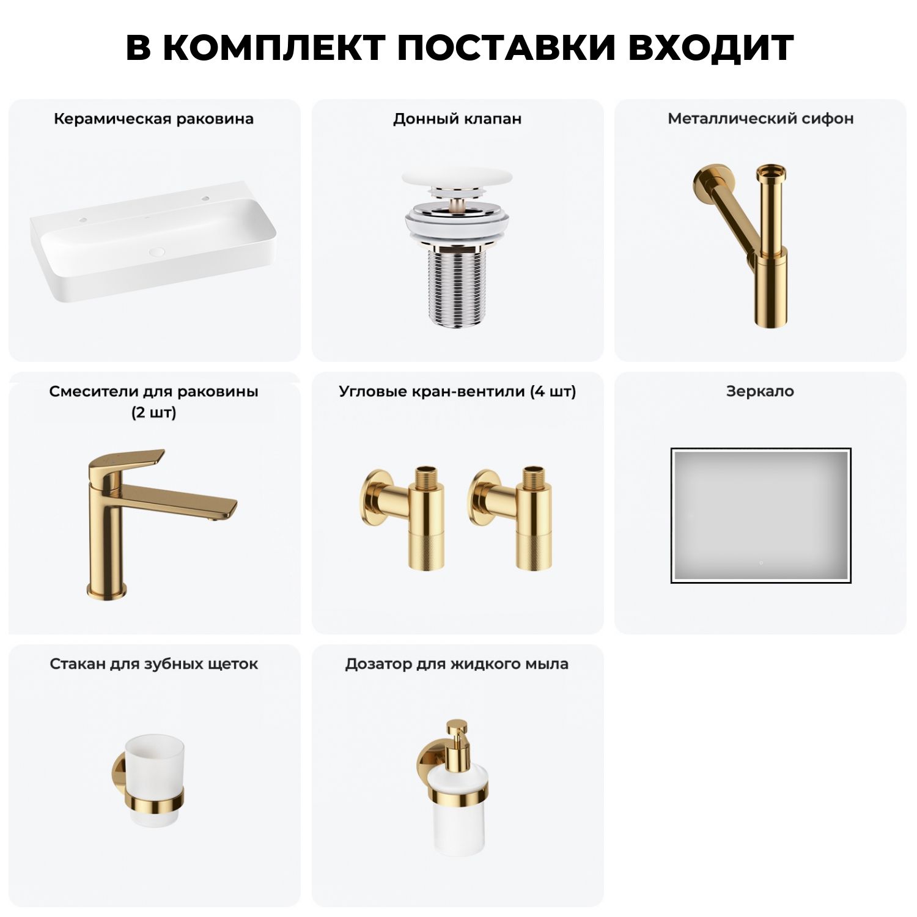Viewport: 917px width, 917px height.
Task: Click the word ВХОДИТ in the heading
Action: (711, 48)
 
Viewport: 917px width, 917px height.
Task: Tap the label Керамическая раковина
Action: (153, 119)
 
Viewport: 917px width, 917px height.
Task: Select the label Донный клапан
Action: (457, 119)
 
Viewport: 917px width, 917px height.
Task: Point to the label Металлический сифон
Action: (760, 119)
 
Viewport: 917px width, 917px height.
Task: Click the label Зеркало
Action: (760, 391)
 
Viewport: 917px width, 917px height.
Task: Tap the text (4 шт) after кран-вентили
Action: (553, 391)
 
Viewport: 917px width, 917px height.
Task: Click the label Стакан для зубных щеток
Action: (153, 664)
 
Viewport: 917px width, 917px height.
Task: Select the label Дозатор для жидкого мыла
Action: (457, 664)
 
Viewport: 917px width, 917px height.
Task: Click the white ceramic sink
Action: (153, 245)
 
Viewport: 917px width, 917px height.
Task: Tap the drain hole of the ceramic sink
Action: (157, 251)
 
